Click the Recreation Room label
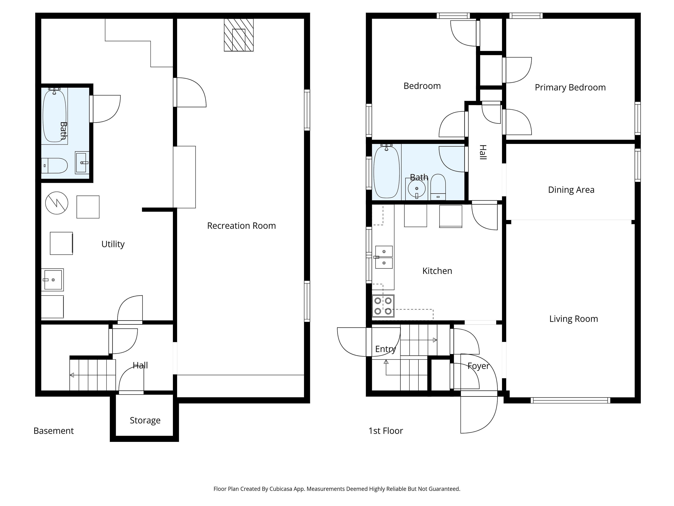(241, 226)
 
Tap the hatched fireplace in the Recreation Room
(239, 35)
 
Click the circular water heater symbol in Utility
(57, 203)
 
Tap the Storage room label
(145, 420)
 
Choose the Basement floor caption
(54, 431)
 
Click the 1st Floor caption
(386, 431)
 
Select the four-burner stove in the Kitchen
(383, 306)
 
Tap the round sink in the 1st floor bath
(417, 189)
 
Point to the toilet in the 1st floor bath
(438, 187)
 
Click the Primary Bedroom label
(570, 87)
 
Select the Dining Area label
(571, 190)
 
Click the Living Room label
(573, 319)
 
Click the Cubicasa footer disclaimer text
(337, 489)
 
